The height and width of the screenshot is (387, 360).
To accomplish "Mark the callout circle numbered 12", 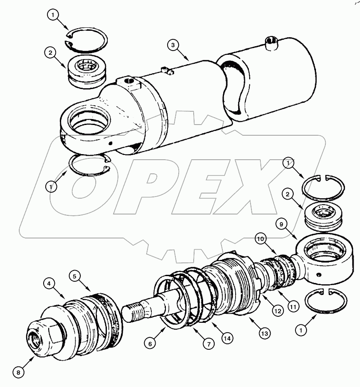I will tap(278, 312).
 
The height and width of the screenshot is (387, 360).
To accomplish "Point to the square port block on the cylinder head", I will tap(128, 81).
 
